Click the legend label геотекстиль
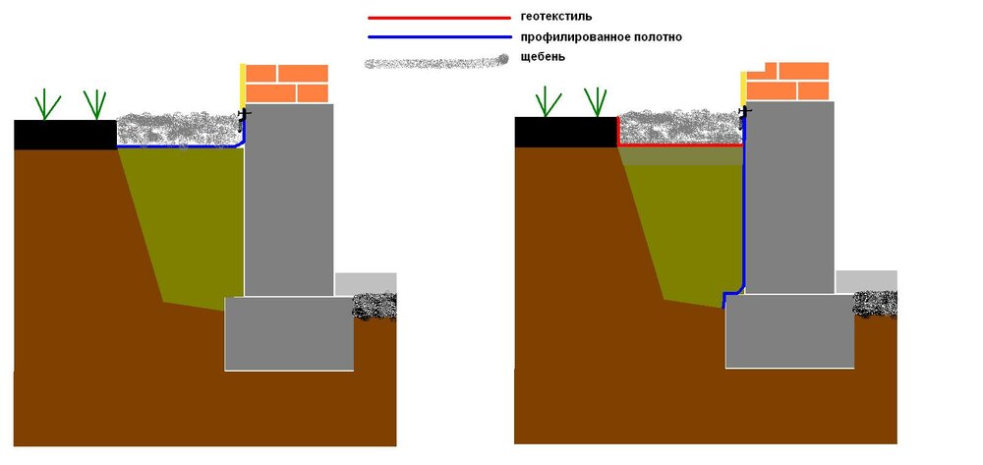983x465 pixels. [556, 17]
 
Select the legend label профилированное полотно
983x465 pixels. [602, 37]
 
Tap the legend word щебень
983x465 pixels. [544, 57]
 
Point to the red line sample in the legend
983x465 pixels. [438, 18]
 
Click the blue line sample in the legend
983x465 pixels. [438, 37]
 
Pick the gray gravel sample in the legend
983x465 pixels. [436, 62]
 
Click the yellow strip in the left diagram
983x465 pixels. [243, 87]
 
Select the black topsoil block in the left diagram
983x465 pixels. [65, 135]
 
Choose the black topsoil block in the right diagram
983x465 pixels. [565, 133]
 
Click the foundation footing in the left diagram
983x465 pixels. [289, 333]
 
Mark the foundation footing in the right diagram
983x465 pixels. [790, 331]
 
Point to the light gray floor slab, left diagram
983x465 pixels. [366, 284]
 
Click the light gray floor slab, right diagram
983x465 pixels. [866, 281]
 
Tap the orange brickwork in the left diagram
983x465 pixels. [286, 84]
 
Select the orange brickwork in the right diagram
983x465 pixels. [787, 81]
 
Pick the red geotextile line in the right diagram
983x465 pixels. [680, 145]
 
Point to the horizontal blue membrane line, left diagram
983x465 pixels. [178, 147]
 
